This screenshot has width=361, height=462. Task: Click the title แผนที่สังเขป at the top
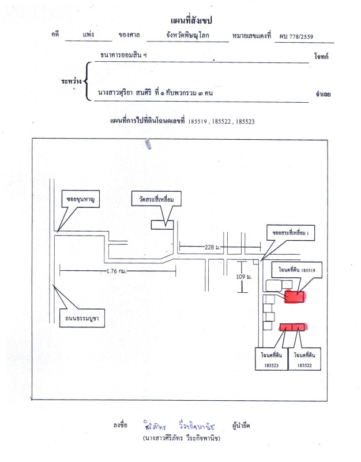coord(192,21)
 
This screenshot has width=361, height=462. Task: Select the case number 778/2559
coord(298,36)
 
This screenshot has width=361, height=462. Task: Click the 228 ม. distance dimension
coord(213,248)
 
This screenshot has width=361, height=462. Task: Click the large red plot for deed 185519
coord(295,297)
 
